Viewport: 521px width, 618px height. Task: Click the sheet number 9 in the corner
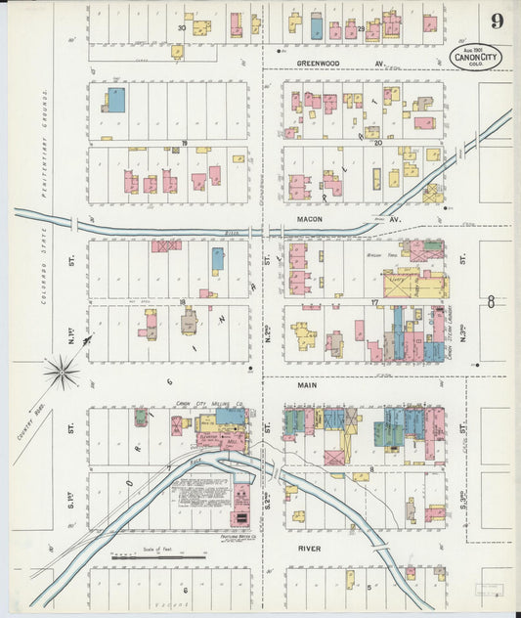[x=499, y=21]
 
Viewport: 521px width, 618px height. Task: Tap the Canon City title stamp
[x=477, y=57]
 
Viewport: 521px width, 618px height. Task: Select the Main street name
[x=310, y=386]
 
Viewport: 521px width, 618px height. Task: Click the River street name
[x=309, y=549]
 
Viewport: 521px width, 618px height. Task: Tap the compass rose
[x=62, y=371]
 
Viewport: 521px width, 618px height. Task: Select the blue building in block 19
[x=115, y=99]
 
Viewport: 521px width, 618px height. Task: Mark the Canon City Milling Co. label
[x=201, y=403]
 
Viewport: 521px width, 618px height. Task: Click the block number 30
[x=182, y=28]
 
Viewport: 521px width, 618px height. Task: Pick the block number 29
[x=361, y=28]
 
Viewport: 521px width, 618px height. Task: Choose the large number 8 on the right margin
[x=492, y=302]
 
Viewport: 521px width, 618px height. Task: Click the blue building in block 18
[x=218, y=258]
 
